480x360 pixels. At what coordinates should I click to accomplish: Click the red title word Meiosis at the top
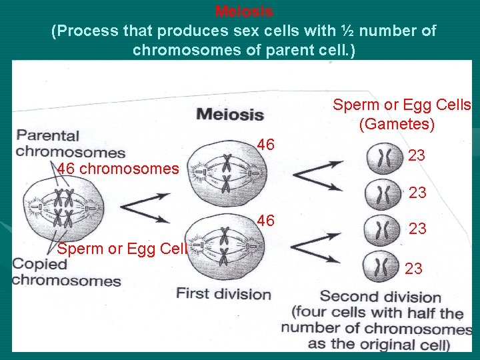coord(244,11)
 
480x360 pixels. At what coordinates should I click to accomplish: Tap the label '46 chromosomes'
coord(118,169)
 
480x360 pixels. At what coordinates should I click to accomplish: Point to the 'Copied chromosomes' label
coord(66,271)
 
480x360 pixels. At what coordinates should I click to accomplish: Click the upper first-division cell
coord(226,171)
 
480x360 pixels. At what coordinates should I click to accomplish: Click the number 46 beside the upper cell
coord(265,144)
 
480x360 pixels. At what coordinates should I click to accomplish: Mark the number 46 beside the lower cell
coord(265,220)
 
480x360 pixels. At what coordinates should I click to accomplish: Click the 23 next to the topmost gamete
coord(417,155)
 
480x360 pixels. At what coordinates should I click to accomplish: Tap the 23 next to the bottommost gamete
coord(413,268)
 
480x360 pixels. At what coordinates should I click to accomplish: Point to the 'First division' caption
coord(223,294)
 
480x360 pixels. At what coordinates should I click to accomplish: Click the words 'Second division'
coord(380,297)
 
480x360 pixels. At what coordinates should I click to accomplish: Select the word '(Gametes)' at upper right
coord(397,124)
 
